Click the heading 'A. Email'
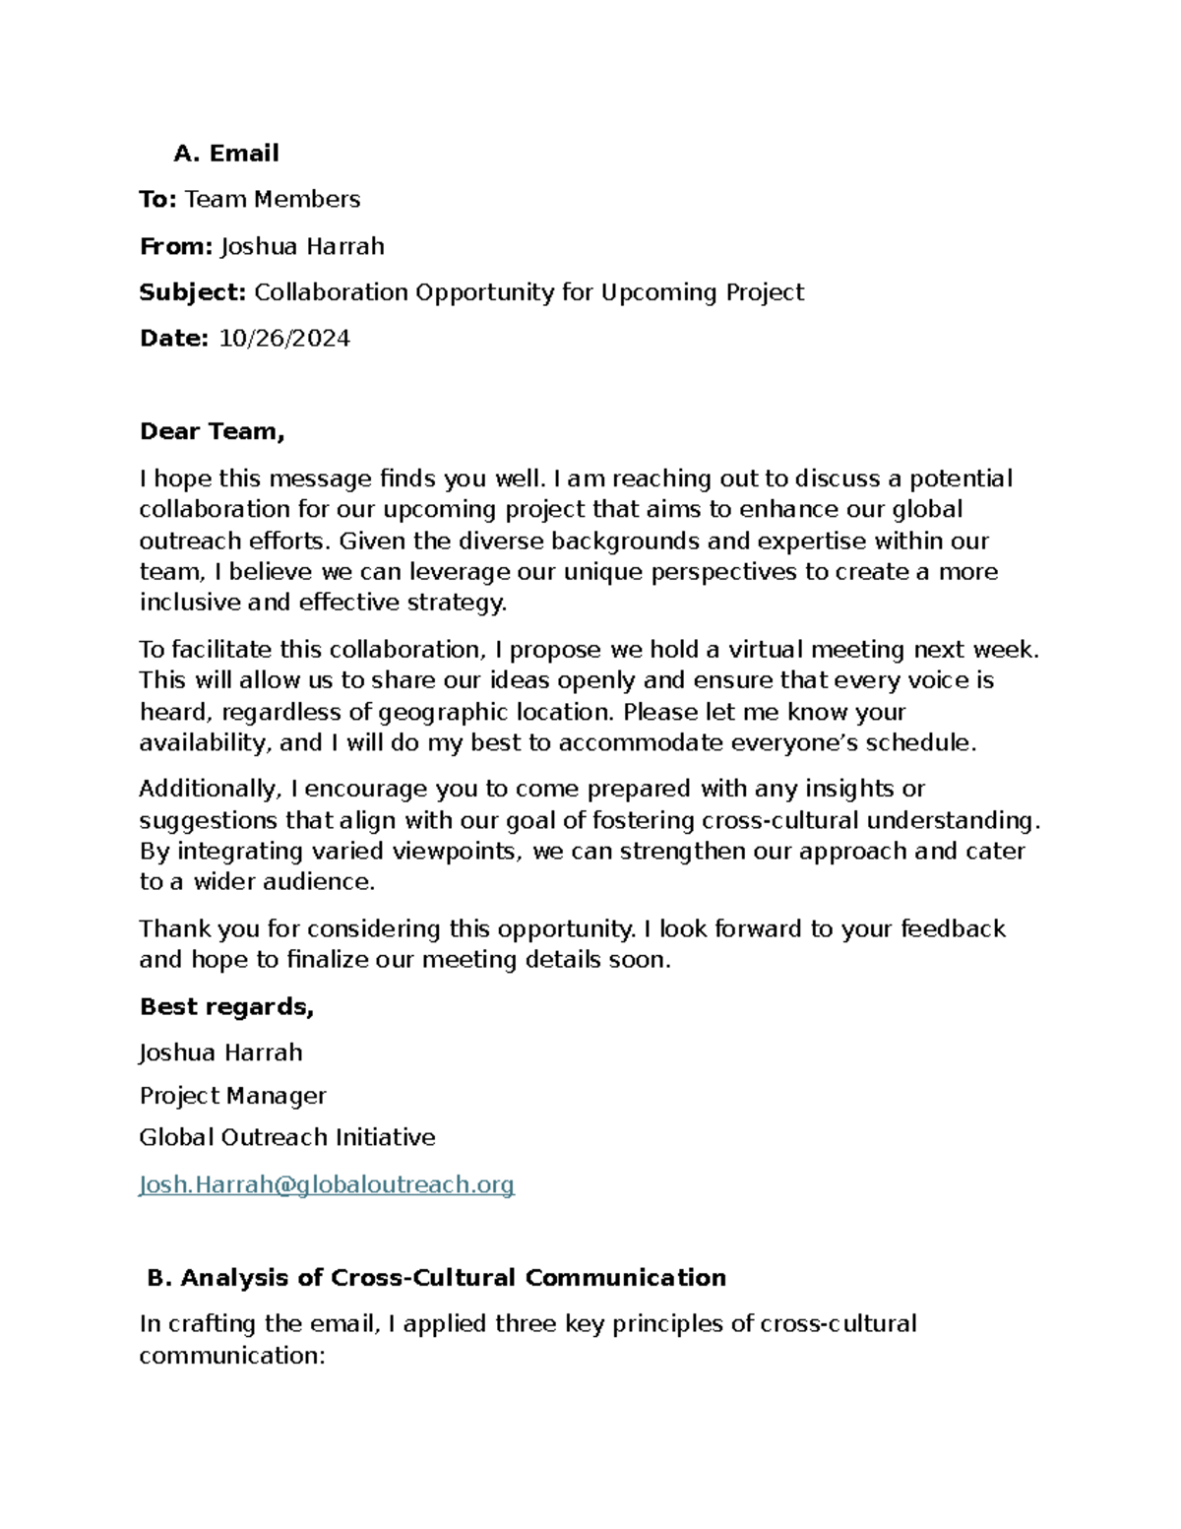point(225,154)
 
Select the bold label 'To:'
point(157,200)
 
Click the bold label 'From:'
point(175,246)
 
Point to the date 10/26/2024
point(283,339)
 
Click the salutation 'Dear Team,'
point(212,431)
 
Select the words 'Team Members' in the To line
point(273,200)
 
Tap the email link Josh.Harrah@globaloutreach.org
point(327,1184)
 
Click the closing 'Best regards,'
point(226,1006)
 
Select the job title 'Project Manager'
point(232,1096)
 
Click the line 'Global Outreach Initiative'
point(286,1138)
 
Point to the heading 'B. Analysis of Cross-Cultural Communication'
point(436,1278)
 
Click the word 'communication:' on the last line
point(231,1356)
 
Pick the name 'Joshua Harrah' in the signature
point(220,1052)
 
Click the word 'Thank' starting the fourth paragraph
point(168,929)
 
